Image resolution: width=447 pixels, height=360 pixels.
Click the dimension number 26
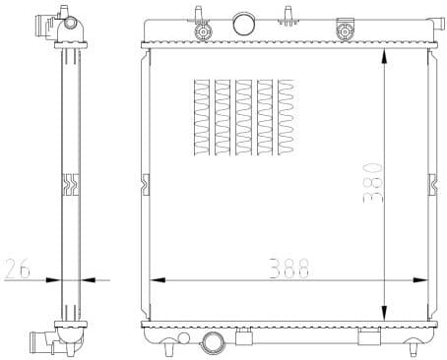click(18, 267)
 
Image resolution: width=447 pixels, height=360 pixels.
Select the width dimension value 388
click(284, 267)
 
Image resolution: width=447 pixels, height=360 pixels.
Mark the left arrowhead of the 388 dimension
click(154, 280)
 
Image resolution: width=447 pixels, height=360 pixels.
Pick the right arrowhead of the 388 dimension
click(425, 280)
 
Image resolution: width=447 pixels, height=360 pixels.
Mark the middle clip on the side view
click(69, 184)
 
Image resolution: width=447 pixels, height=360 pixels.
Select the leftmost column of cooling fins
click(202, 118)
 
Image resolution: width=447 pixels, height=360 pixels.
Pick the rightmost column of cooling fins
click(287, 118)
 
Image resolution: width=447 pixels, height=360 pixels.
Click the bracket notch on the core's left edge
click(147, 184)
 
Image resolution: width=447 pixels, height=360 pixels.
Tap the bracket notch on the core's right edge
click(432, 184)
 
